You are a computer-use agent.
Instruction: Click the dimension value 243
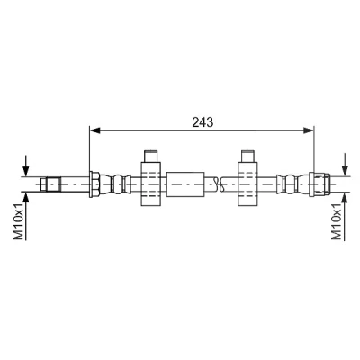(x=202, y=122)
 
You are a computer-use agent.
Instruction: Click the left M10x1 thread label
(x=19, y=220)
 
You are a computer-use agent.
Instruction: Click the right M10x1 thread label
(x=337, y=220)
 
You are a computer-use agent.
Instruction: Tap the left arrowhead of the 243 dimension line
(x=94, y=130)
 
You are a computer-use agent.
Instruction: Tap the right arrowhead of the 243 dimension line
(x=309, y=130)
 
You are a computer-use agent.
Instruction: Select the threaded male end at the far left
(x=50, y=184)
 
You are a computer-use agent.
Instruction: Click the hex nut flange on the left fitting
(x=94, y=184)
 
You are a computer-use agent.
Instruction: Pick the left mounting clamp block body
(x=151, y=184)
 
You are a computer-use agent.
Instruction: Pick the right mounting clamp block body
(x=247, y=184)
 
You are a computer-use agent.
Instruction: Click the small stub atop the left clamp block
(x=151, y=156)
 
